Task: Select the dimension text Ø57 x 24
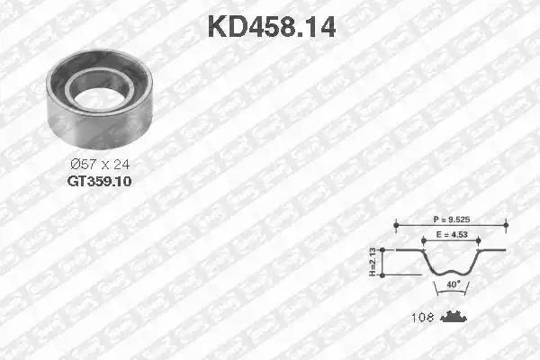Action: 101,165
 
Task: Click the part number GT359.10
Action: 101,180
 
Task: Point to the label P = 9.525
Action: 451,217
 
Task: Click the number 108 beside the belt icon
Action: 423,317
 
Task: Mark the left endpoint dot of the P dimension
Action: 395,224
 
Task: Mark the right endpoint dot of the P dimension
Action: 507,224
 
